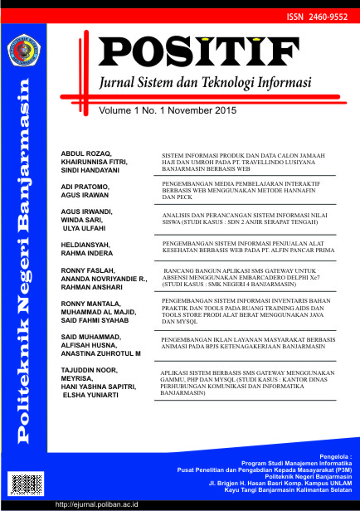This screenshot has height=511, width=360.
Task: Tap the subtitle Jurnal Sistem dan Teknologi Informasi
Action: click(205, 84)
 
